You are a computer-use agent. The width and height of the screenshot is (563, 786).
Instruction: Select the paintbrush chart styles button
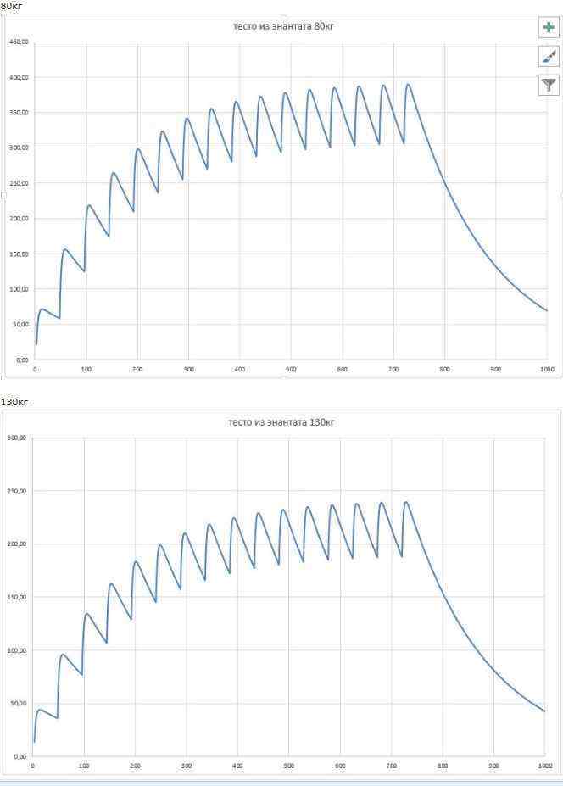pos(549,57)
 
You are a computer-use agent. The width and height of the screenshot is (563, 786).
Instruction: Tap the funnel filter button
pos(549,85)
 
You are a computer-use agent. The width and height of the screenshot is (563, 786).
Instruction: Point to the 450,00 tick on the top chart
pos(18,42)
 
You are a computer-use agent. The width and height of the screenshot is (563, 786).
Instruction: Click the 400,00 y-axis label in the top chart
pos(18,77)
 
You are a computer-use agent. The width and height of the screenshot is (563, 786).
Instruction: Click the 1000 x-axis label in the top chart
pos(547,370)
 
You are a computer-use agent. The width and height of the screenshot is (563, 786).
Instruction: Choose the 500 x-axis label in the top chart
pos(291,370)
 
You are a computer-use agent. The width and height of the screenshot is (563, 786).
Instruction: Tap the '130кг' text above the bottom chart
pos(14,401)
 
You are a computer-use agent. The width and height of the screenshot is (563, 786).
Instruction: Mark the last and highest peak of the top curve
pos(409,85)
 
